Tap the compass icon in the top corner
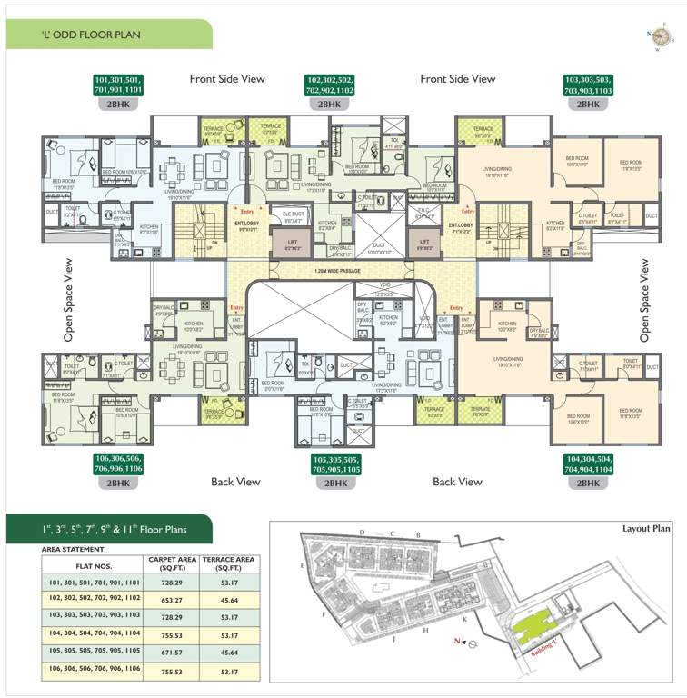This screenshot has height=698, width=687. click(662, 35)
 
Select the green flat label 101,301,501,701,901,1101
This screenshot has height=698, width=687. click(126, 85)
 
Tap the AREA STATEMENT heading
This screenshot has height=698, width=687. click(73, 550)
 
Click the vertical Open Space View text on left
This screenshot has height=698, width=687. click(68, 300)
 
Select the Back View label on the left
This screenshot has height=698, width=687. click(235, 481)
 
